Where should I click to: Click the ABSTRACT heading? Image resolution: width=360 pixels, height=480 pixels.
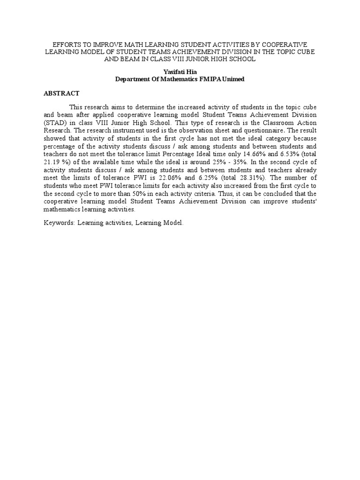coord(61,93)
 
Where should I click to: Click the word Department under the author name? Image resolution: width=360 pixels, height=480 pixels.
coord(134,79)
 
